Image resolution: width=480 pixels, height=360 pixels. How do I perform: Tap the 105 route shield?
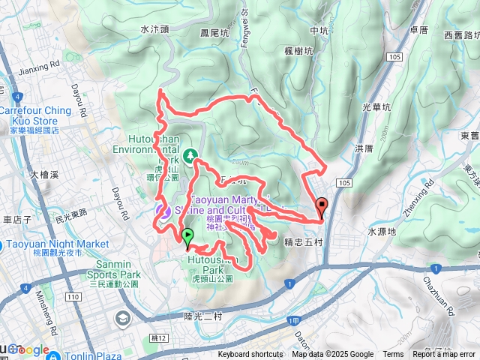[x=345, y=183]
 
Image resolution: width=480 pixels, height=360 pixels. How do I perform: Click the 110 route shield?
[x=73, y=298]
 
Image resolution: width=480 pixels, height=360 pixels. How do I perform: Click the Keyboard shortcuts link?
[x=250, y=355]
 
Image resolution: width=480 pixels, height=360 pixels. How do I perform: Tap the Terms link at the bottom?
[x=393, y=355]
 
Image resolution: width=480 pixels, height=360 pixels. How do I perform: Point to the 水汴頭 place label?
[x=156, y=29]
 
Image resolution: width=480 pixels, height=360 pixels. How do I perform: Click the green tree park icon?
[x=191, y=155]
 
